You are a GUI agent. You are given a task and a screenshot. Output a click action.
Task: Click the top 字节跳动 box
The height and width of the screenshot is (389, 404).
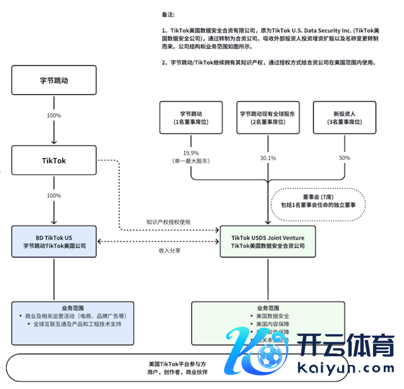point(54,82)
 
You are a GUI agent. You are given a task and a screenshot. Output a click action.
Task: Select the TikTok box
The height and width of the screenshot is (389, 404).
point(54,161)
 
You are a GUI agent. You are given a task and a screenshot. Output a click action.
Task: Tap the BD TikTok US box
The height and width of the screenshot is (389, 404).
point(53,241)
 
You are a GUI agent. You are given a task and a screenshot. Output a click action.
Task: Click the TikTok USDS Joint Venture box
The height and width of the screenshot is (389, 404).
point(268,241)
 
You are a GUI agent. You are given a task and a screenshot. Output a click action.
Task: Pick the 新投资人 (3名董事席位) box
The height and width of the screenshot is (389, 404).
point(345,117)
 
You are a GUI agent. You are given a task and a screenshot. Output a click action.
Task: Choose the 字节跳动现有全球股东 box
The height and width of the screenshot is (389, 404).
point(268,117)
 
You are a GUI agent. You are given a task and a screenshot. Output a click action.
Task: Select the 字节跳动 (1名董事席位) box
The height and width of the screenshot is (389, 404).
point(191,117)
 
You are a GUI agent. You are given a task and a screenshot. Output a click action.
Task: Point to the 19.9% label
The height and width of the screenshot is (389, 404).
point(191,153)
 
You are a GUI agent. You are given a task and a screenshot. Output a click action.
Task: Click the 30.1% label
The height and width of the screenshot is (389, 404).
point(268,157)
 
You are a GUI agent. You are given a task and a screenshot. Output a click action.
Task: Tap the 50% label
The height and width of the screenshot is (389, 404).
point(345,157)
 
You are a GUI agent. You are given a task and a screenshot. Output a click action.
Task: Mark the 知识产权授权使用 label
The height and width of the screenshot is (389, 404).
point(168,222)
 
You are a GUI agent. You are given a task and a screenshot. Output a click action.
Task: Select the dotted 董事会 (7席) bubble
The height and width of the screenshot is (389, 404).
point(314,201)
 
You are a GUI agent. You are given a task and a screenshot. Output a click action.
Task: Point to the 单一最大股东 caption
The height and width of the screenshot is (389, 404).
point(191,161)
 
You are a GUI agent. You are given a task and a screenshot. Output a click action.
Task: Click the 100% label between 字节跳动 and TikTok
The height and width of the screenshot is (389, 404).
point(54,116)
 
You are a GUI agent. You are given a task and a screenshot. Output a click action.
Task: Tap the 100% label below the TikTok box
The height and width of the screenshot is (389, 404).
point(54,195)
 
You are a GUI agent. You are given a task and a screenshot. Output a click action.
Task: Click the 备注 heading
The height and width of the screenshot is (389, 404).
point(169,14)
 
